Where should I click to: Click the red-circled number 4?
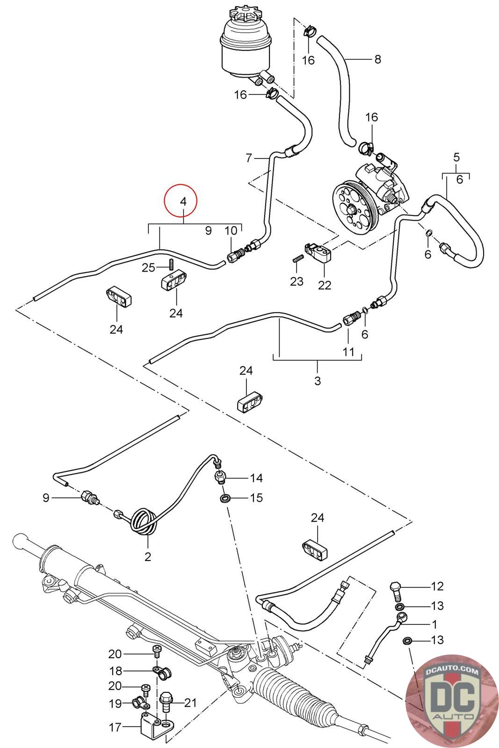click(183, 201)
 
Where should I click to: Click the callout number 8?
click(377, 59)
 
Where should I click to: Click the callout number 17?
click(115, 727)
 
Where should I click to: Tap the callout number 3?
click(318, 381)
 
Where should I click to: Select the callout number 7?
click(249, 158)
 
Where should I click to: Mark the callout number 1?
click(434, 624)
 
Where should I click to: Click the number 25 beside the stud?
click(149, 267)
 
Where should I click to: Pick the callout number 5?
click(456, 157)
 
